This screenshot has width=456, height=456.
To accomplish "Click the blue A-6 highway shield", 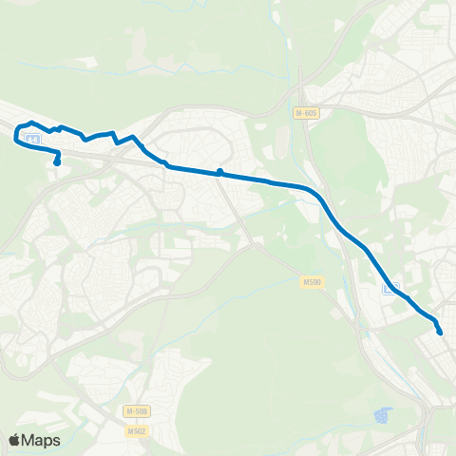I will tap(33, 140).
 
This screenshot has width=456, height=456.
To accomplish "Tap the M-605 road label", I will tap(303, 113).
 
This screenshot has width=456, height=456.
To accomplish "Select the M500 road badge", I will tap(312, 281).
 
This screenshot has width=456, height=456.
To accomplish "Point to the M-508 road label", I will tap(137, 410).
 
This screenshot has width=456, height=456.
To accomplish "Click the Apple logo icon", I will tap(15, 440).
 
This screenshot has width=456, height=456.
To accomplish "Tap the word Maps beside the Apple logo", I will tap(42, 440).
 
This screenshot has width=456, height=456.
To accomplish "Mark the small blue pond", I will tap(383, 415).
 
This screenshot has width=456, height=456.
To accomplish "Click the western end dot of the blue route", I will tap(57, 162).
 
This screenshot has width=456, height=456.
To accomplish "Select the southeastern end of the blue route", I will tap(440, 332).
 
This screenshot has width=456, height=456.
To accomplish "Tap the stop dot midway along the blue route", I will tap(219, 172).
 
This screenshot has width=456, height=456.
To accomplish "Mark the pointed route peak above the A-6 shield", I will tap(32, 123).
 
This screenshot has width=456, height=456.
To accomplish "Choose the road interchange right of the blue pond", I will tap(423, 418).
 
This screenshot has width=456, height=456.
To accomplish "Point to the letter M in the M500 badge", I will tap(306, 281).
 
